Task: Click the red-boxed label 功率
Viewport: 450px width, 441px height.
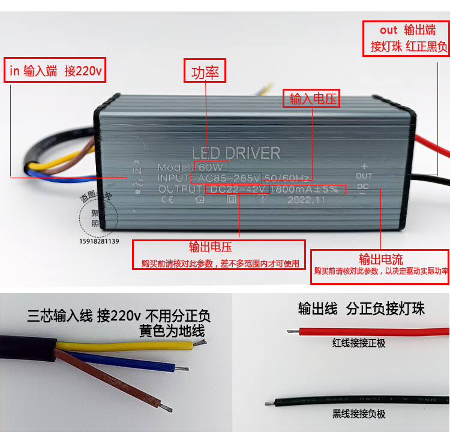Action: point(205,73)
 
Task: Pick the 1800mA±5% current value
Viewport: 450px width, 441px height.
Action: point(304,189)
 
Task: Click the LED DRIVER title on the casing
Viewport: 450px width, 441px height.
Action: point(236,152)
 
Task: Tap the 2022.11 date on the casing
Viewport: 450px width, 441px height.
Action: point(305,200)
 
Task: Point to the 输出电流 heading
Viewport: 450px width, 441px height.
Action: point(380,259)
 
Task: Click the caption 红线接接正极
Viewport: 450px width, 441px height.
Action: point(359,343)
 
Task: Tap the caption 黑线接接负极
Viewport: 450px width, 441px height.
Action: point(359,414)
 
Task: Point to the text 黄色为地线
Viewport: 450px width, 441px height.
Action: point(172,330)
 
